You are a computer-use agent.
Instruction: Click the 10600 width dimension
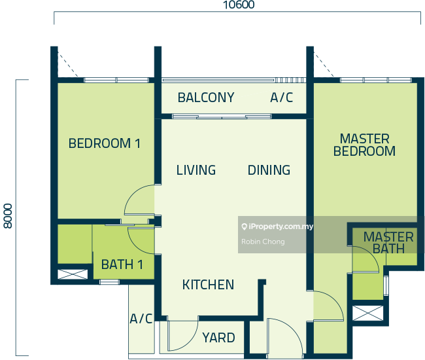coord(239,5)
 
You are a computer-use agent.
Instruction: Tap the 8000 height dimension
coord(8,216)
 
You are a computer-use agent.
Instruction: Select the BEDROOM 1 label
coord(105,143)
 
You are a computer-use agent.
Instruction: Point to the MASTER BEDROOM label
coord(364,145)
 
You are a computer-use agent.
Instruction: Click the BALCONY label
coord(206,98)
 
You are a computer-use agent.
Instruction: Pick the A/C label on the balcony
coord(282,98)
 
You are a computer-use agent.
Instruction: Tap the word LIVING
coord(196,170)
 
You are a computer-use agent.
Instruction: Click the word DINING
coord(269,170)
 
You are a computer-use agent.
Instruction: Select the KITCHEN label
coord(208,285)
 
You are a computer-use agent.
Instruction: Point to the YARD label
coord(218,338)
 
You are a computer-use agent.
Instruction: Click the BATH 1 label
coord(122,264)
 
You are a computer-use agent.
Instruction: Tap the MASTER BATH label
coord(388,243)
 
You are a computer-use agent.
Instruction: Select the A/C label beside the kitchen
coord(141,319)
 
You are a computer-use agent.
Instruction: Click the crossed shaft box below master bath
coord(368,313)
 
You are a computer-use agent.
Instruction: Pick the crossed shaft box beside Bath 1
coord(73,274)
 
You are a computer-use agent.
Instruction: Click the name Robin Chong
coord(263,242)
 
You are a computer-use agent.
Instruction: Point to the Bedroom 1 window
coord(116,80)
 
